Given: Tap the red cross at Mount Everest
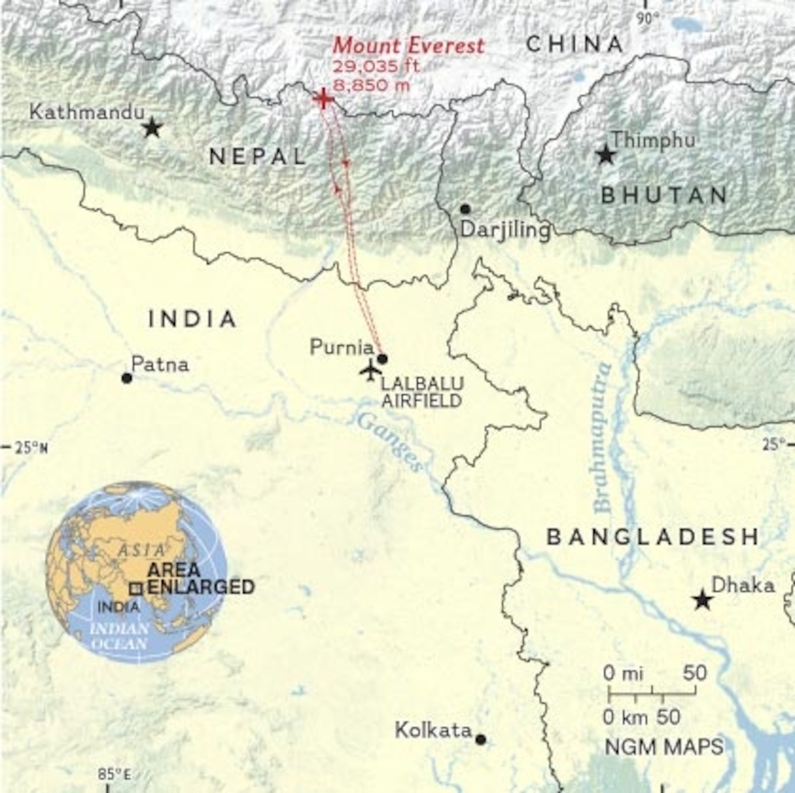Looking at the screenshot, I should pyautogui.click(x=323, y=99).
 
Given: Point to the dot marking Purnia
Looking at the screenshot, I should pyautogui.click(x=382, y=359).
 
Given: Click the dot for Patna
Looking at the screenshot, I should pyautogui.click(x=127, y=377).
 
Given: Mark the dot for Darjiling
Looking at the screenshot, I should pyautogui.click(x=465, y=209).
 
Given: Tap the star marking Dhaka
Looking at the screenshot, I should pyautogui.click(x=703, y=601).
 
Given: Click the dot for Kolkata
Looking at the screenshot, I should pyautogui.click(x=480, y=739).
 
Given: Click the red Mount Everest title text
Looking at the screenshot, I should pyautogui.click(x=408, y=46).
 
